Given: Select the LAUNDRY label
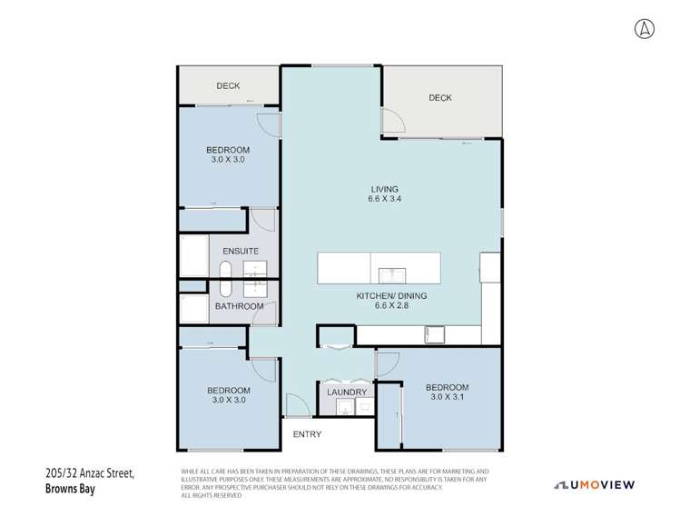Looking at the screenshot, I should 347,392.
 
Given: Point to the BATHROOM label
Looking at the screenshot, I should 239,306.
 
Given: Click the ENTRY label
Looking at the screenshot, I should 307,434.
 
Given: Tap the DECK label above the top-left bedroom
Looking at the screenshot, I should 228,86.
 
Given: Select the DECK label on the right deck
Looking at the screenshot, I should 440,98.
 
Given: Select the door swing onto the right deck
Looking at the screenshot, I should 392,120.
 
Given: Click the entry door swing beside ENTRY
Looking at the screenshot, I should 296,405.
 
